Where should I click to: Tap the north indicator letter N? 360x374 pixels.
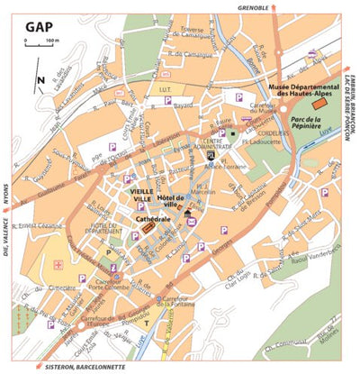(x=41, y=80)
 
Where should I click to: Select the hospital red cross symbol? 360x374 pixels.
(x=58, y=265)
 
